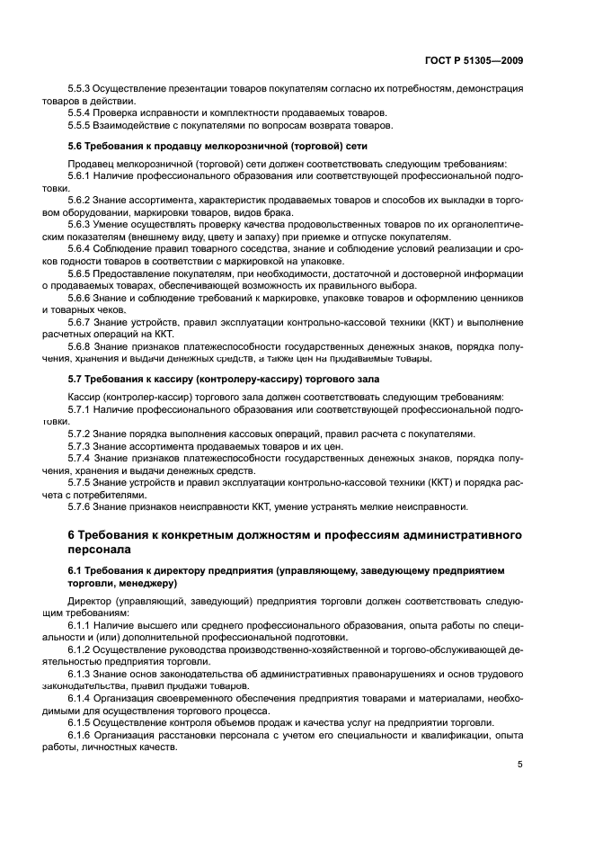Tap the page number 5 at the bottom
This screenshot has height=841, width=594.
(520, 765)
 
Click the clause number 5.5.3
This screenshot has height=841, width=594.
(81, 90)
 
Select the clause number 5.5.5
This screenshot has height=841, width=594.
(81, 125)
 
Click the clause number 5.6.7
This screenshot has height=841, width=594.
(81, 321)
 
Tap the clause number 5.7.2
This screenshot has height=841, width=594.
(81, 434)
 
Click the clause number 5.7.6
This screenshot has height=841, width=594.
(81, 505)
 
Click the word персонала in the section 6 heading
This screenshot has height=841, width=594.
(100, 548)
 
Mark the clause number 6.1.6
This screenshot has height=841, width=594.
(81, 734)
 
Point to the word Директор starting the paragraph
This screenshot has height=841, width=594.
(89, 599)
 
